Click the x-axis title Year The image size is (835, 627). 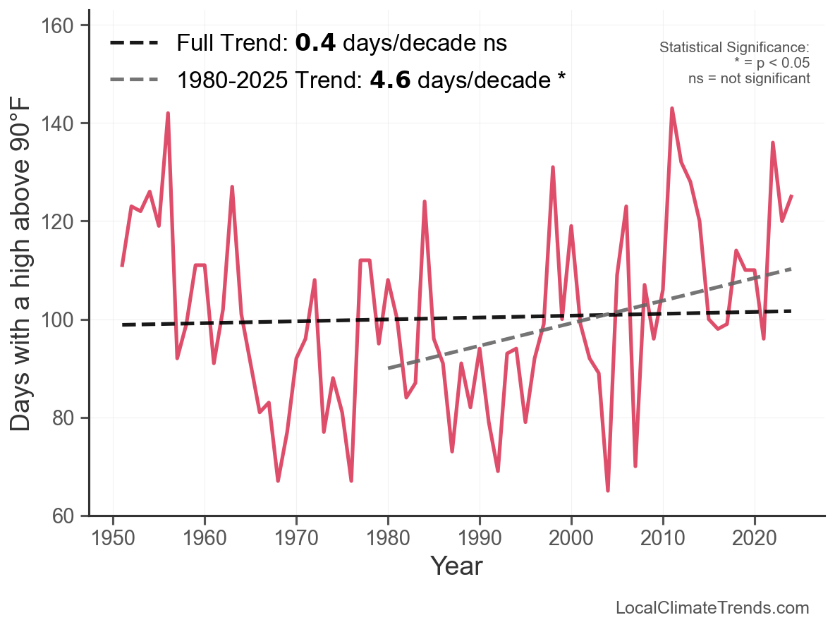pos(456,566)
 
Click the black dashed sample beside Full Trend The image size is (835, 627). pos(134,43)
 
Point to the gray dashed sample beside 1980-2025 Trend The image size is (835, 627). pos(134,80)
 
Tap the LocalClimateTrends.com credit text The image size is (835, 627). pos(712,608)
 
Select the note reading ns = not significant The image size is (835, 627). pos(749,78)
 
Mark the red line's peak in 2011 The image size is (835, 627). pos(671,109)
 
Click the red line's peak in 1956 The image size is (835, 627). pos(168,114)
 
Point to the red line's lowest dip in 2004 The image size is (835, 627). pos(607,490)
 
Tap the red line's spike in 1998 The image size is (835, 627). pos(553,167)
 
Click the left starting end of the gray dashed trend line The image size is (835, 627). pos(389,368)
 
